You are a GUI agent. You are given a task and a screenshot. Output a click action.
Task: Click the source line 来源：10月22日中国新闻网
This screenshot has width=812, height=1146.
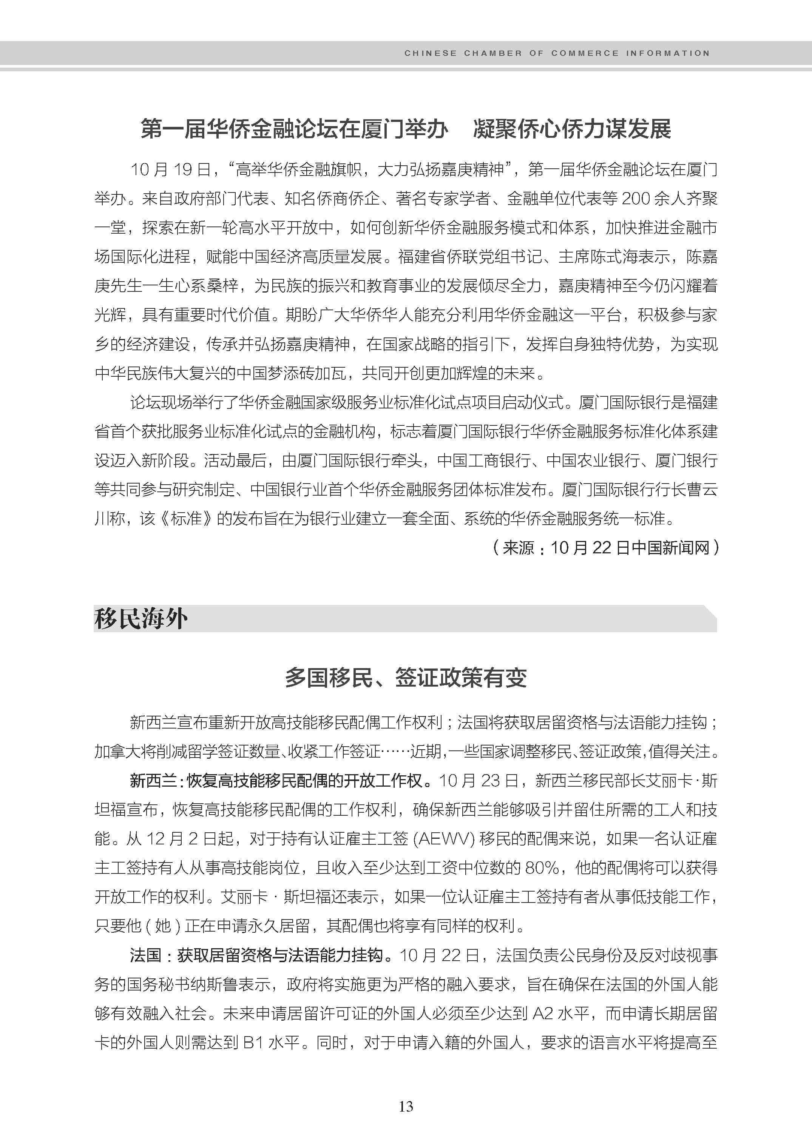click(605, 548)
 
